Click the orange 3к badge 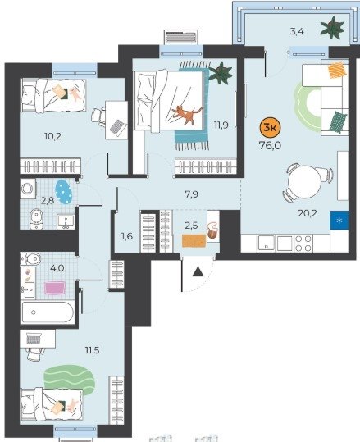click(x=270, y=128)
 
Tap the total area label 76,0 click(x=270, y=146)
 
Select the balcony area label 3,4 click(x=297, y=31)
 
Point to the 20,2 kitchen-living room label click(x=308, y=213)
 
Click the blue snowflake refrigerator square click(x=339, y=220)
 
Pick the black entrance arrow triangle click(x=198, y=271)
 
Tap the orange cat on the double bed click(x=187, y=114)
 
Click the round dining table click(x=305, y=180)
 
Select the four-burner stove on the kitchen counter click(x=303, y=244)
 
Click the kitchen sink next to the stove click(x=267, y=243)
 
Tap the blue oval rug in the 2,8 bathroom click(x=64, y=191)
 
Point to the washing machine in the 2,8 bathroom click(x=28, y=188)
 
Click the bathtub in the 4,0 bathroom click(x=48, y=312)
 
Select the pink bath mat click(x=54, y=288)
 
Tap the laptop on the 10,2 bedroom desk click(x=118, y=127)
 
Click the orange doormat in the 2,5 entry click(x=194, y=240)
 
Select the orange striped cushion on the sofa click(x=337, y=70)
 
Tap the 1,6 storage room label click(x=127, y=236)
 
